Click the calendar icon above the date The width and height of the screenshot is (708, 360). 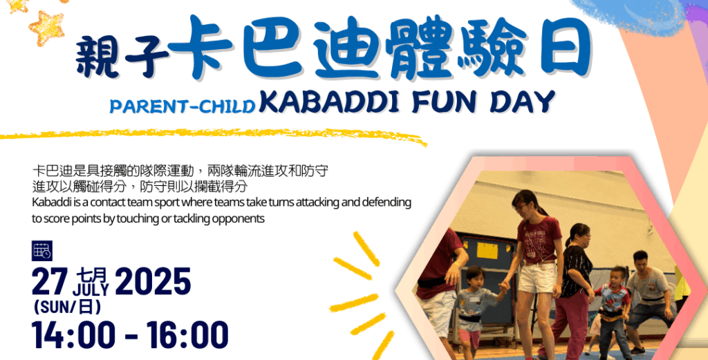42,251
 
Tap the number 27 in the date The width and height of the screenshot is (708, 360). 50,281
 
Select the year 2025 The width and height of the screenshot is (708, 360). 153,281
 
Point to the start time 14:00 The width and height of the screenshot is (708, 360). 73,335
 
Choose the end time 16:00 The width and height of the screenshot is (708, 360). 187,335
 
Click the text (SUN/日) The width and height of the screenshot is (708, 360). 67,307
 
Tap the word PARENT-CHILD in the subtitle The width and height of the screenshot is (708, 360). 183,106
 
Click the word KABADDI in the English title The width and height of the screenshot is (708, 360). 329,102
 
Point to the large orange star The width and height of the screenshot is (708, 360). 46,28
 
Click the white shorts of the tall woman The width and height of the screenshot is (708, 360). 537,278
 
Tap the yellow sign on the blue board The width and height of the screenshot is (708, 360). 487,251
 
